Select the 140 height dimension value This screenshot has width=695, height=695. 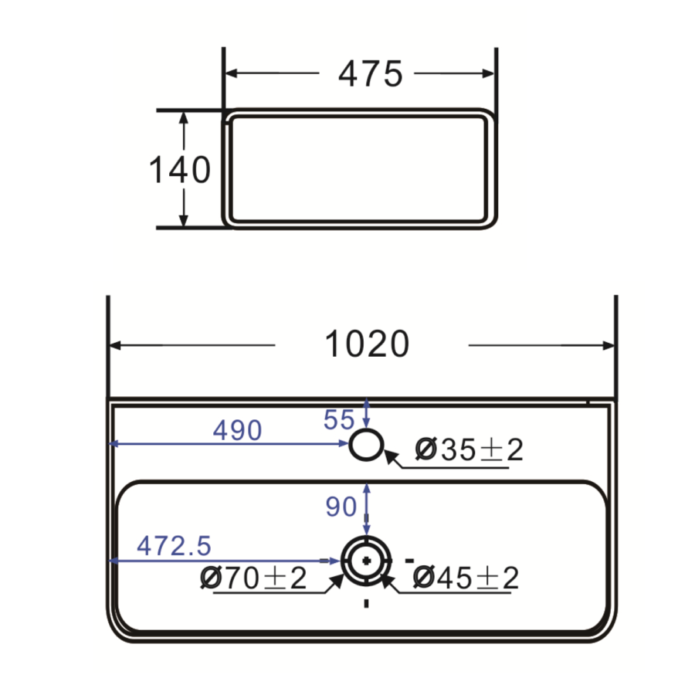[179, 170]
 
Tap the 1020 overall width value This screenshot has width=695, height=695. [366, 344]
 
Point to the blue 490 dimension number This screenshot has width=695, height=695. [237, 430]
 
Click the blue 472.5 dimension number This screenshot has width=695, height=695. [174, 546]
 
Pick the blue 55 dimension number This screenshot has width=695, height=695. [338, 419]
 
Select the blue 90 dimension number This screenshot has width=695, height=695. [341, 507]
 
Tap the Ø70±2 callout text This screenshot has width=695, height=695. [253, 578]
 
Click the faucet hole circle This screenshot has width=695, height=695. [366, 445]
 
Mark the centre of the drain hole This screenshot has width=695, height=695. [366, 559]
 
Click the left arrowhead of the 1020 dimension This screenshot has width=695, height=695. [116, 345]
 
